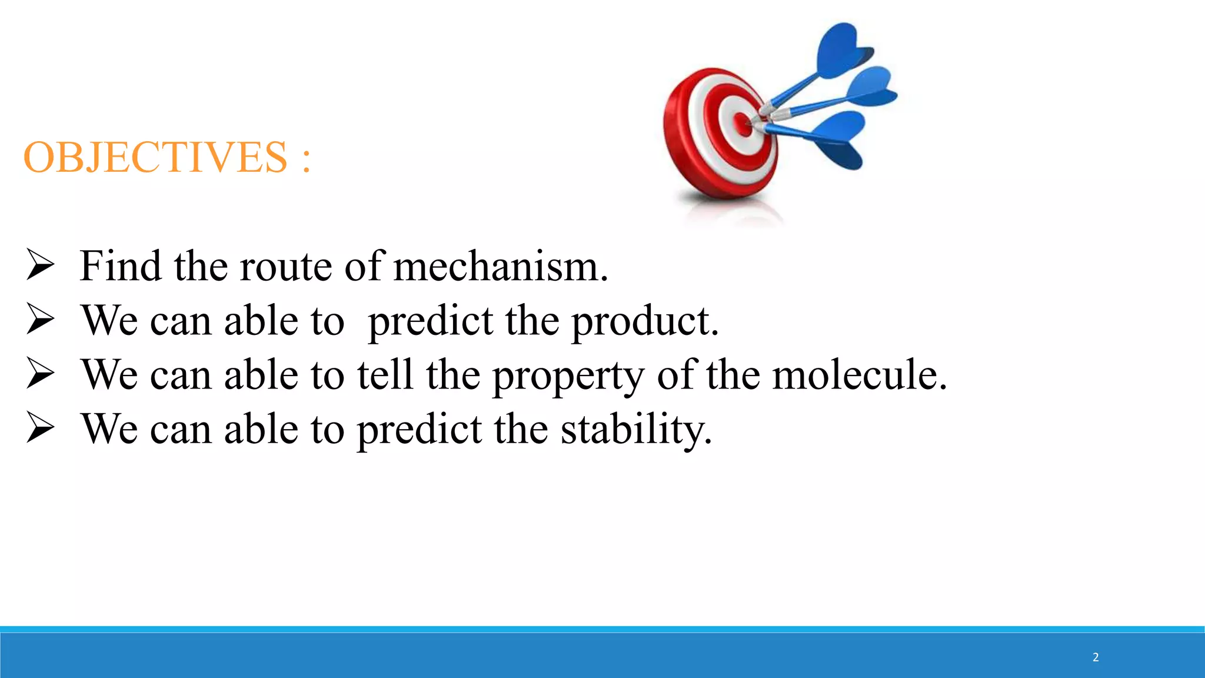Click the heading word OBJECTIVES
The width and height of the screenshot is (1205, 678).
click(x=155, y=158)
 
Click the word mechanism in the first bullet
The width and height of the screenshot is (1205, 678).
click(x=500, y=267)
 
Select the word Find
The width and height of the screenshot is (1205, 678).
click(x=121, y=266)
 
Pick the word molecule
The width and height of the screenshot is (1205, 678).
click(x=859, y=375)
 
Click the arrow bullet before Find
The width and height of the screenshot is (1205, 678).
click(x=41, y=265)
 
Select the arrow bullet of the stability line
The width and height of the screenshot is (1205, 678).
click(x=41, y=428)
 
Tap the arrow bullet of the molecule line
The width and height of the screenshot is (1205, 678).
click(x=41, y=374)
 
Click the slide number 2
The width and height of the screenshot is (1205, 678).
click(x=1096, y=657)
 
